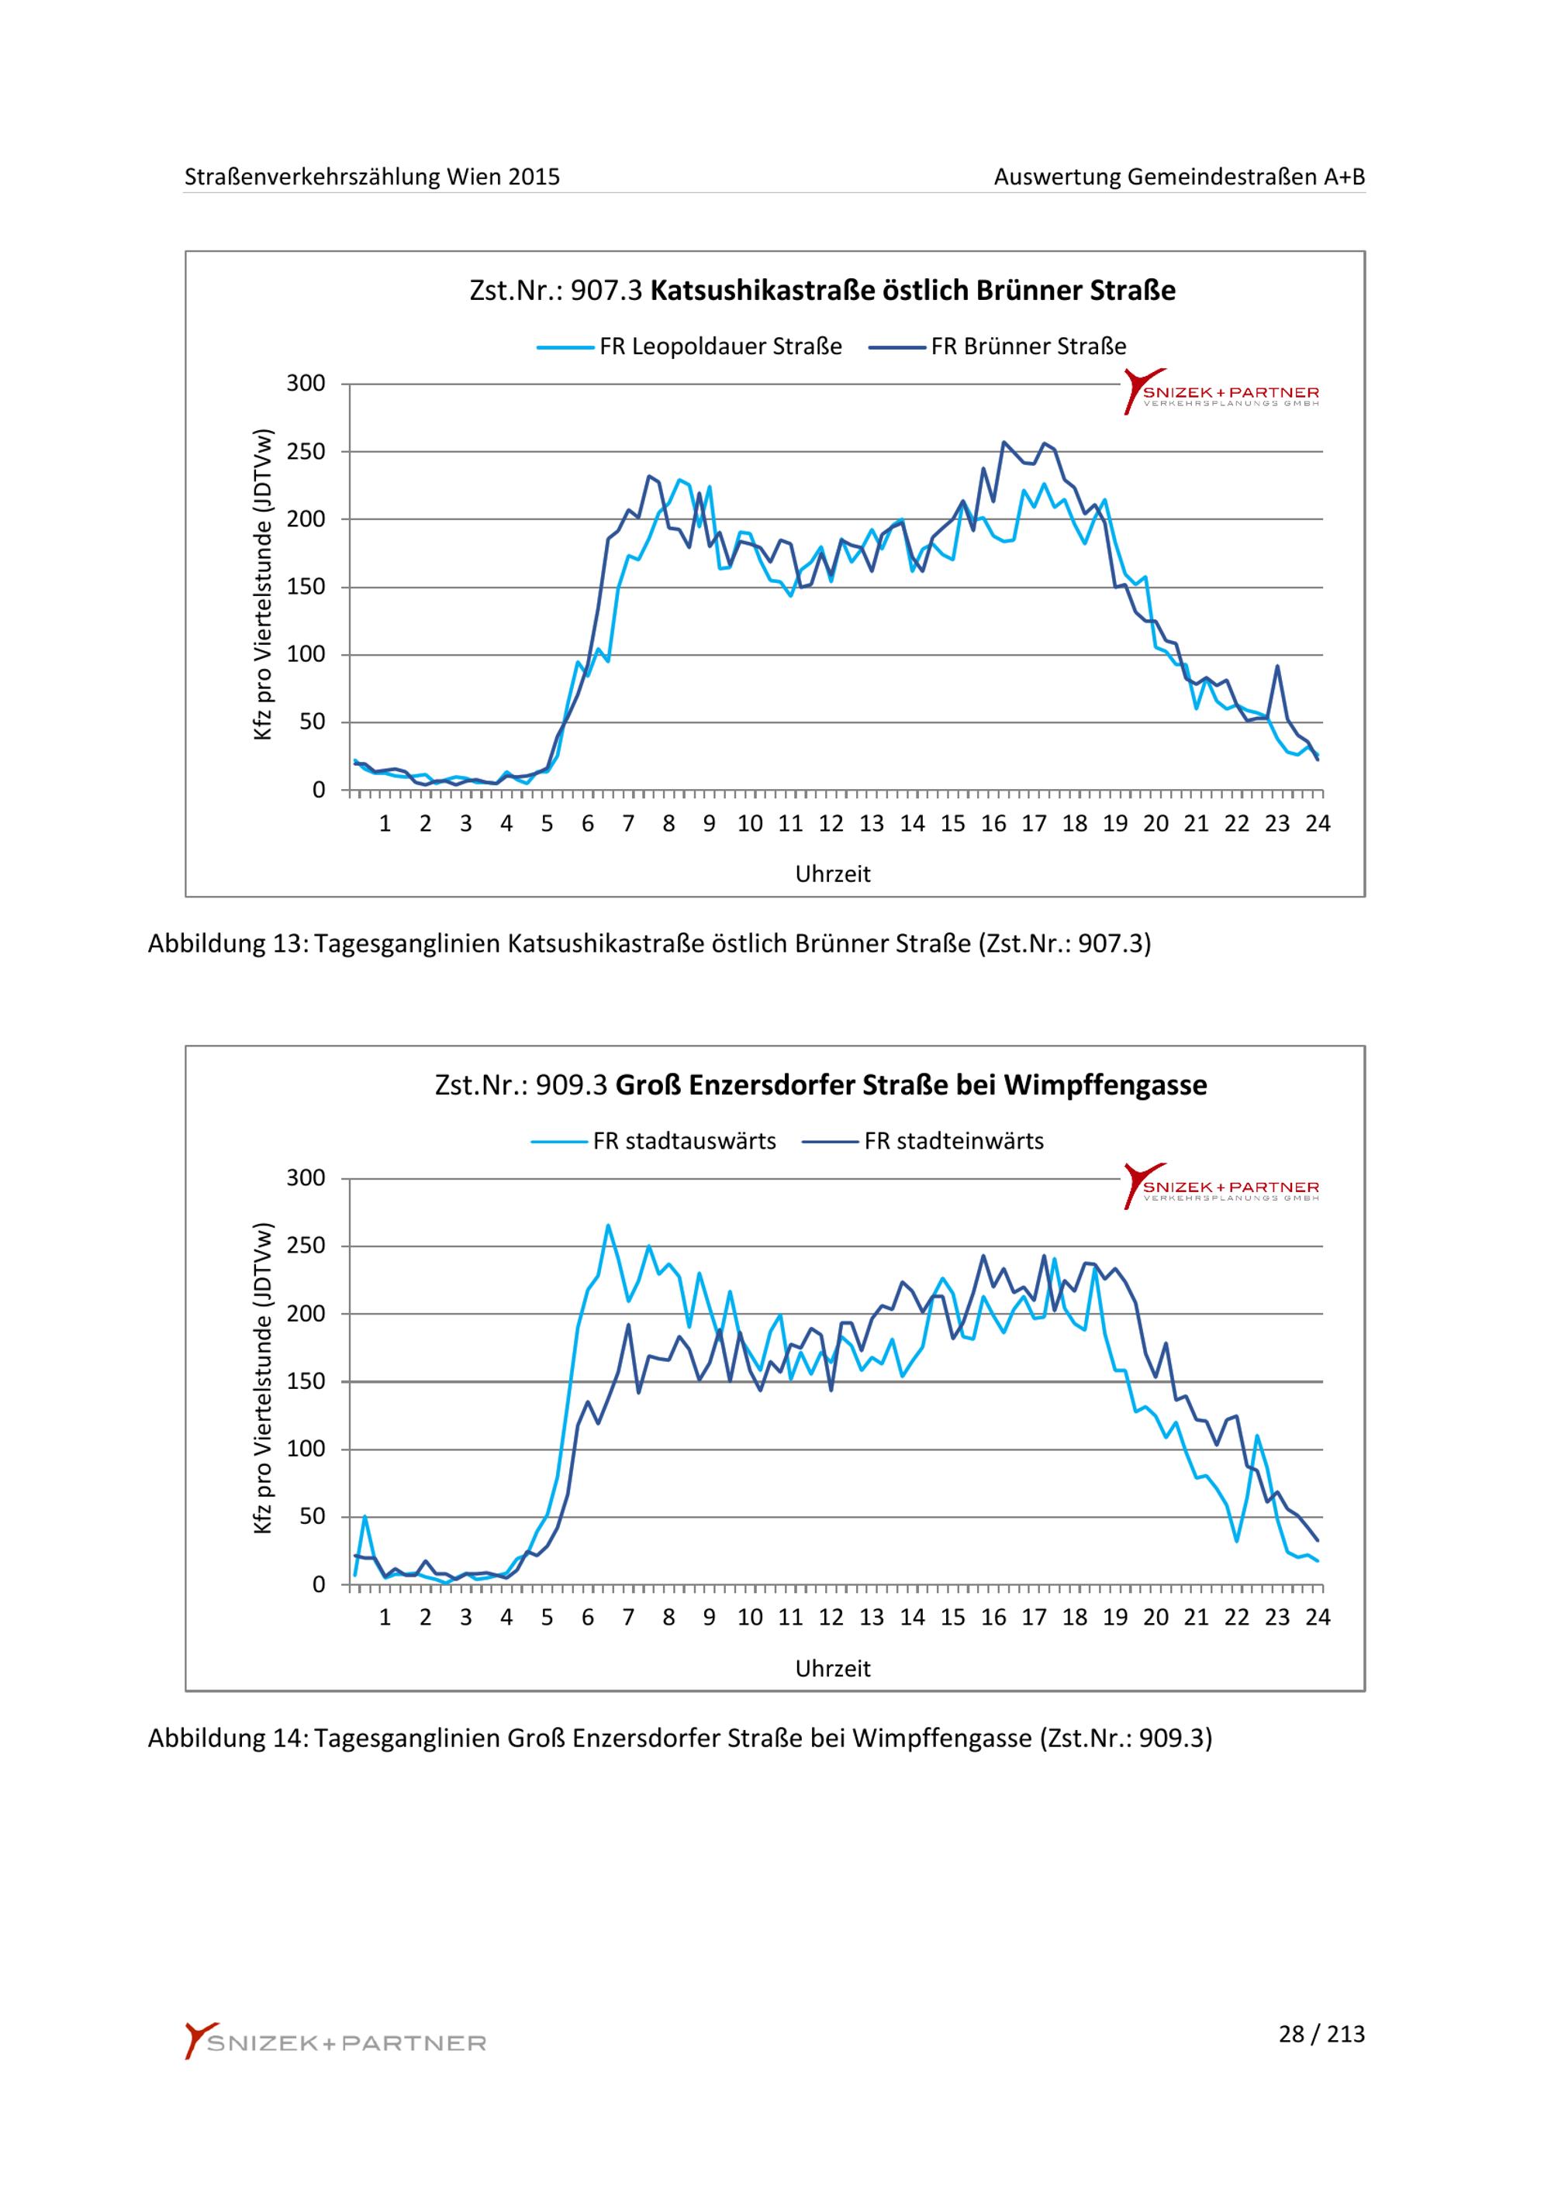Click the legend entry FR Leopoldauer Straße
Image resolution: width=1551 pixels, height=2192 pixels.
click(689, 346)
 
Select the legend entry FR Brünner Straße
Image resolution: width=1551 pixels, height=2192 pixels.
click(998, 346)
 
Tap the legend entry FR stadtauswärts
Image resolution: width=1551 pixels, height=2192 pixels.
click(655, 1141)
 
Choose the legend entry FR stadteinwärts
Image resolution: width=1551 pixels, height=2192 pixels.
click(924, 1141)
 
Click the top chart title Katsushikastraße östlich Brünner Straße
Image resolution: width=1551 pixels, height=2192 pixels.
click(913, 290)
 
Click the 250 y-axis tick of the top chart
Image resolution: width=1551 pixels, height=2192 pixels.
click(306, 452)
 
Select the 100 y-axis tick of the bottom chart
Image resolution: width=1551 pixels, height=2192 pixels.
click(306, 1449)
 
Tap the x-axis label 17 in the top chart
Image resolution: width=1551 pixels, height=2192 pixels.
click(1034, 824)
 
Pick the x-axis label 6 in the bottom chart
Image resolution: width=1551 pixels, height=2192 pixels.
click(587, 1618)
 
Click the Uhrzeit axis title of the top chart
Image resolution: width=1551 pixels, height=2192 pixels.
click(833, 874)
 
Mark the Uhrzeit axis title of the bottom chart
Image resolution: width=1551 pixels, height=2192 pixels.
click(833, 1669)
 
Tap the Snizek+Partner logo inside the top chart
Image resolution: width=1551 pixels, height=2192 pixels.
click(1221, 391)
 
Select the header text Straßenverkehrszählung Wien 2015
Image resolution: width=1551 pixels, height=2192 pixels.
click(372, 177)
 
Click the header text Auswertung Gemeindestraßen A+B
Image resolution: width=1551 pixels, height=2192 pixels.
click(1180, 177)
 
